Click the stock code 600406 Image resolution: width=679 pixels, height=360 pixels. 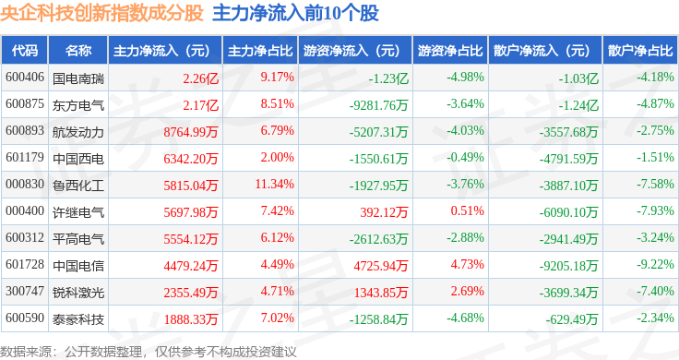pyautogui.click(x=25, y=78)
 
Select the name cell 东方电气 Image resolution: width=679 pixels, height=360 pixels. pyautogui.click(x=78, y=105)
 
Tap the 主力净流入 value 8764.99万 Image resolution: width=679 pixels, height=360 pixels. pyautogui.click(x=191, y=132)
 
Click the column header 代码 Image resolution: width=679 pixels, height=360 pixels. pyautogui.click(x=25, y=50)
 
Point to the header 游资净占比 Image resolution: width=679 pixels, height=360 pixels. pyautogui.click(x=450, y=50)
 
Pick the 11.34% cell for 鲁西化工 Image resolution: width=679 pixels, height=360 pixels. pyautogui.click(x=275, y=184)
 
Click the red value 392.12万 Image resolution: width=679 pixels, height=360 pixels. pyautogui.click(x=384, y=211)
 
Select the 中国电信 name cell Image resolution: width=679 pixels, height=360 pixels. pyautogui.click(x=78, y=266)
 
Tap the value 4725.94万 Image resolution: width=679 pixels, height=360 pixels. pyautogui.click(x=381, y=265)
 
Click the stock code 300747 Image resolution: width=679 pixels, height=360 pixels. pyautogui.click(x=25, y=291)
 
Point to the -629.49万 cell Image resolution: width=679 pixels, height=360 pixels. pyautogui.click(x=572, y=319)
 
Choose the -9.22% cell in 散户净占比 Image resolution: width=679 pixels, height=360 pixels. pyautogui.click(x=655, y=264)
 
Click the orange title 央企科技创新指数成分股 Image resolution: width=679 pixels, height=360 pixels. pyautogui.click(x=101, y=13)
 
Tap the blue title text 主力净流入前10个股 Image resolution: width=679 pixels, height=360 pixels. pyautogui.click(x=295, y=13)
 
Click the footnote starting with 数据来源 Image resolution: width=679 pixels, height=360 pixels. pyautogui.click(x=149, y=352)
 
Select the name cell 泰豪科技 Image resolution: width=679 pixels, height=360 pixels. pyautogui.click(x=78, y=319)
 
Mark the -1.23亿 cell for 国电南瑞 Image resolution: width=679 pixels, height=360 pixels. pyautogui.click(x=388, y=78)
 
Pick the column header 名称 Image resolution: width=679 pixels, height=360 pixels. pyautogui.click(x=78, y=50)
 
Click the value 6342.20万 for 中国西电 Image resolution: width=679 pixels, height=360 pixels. pyautogui.click(x=191, y=159)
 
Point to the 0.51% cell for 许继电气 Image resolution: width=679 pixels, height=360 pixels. pyautogui.click(x=467, y=211)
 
